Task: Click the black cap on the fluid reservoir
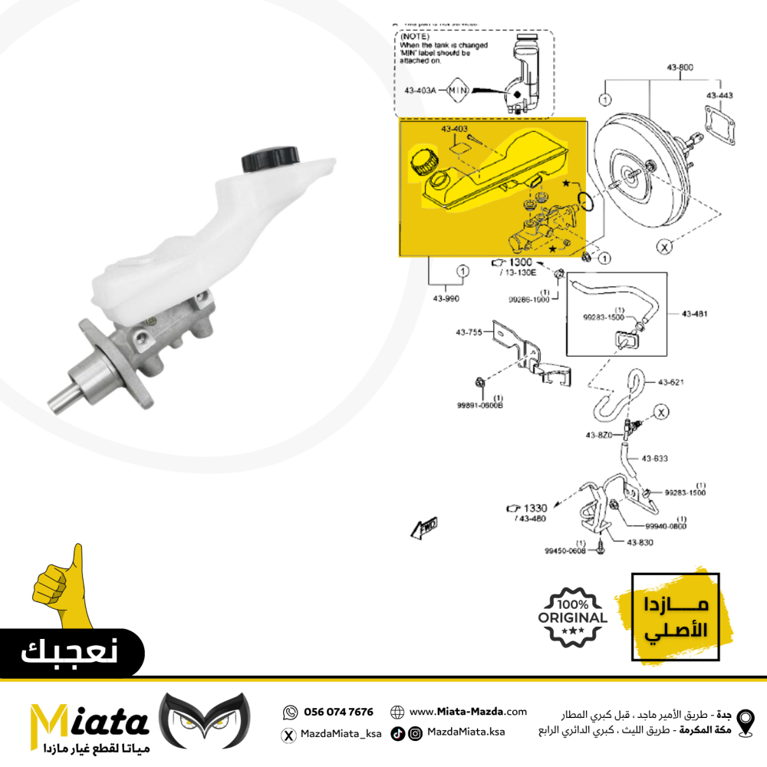click(270, 158)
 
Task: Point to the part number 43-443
click(720, 95)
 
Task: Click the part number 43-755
click(469, 332)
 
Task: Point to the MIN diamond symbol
click(457, 90)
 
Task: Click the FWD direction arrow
click(424, 526)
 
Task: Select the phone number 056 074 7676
click(338, 712)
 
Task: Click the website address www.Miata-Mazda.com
click(468, 712)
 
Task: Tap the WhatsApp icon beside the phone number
click(289, 712)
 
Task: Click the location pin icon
click(744, 722)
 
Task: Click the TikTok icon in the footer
click(397, 733)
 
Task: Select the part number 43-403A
click(420, 90)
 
